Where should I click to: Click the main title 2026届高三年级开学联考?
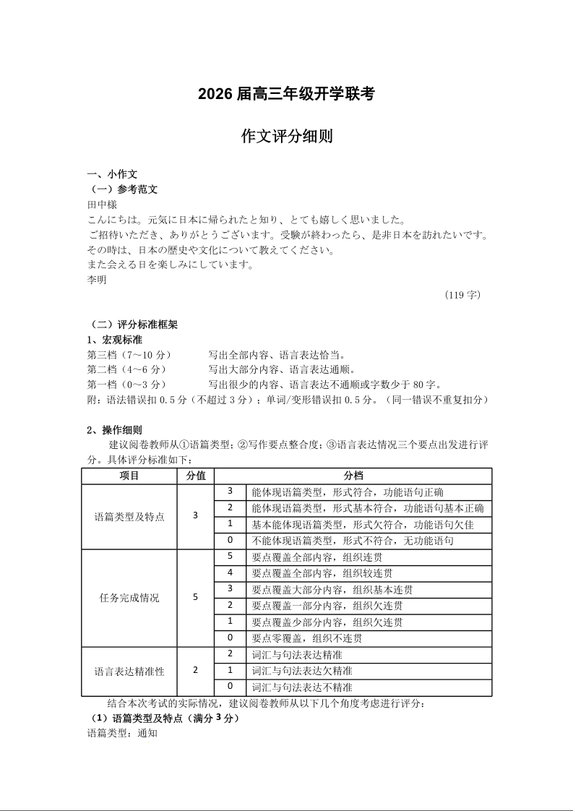[x=286, y=94]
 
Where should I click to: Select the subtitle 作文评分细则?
[x=286, y=137]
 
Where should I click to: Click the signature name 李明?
[x=96, y=280]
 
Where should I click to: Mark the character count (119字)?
[x=463, y=295]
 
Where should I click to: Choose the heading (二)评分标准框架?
[x=132, y=325]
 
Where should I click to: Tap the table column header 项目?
[x=129, y=476]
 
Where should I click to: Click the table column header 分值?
[x=196, y=476]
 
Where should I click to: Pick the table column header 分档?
[x=353, y=476]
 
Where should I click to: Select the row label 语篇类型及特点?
[x=129, y=517]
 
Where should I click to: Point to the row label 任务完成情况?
[x=129, y=598]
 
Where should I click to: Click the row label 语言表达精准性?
[x=129, y=671]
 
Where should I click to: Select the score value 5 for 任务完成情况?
[x=196, y=598]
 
